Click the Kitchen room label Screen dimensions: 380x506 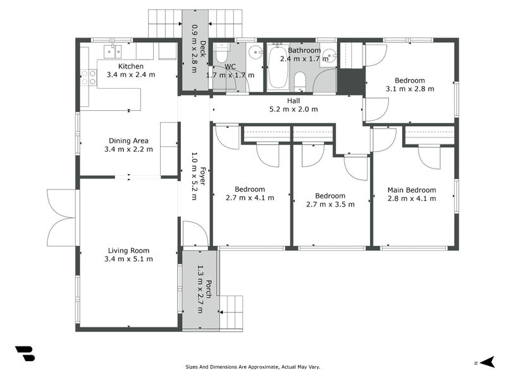[x=131, y=66]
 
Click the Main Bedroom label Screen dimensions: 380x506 [x=412, y=190]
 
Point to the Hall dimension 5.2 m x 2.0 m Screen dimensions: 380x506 [x=293, y=109]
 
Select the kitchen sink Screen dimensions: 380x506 [x=113, y=51]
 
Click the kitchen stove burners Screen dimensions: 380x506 [x=88, y=77]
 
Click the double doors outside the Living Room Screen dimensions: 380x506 [x=62, y=217]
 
